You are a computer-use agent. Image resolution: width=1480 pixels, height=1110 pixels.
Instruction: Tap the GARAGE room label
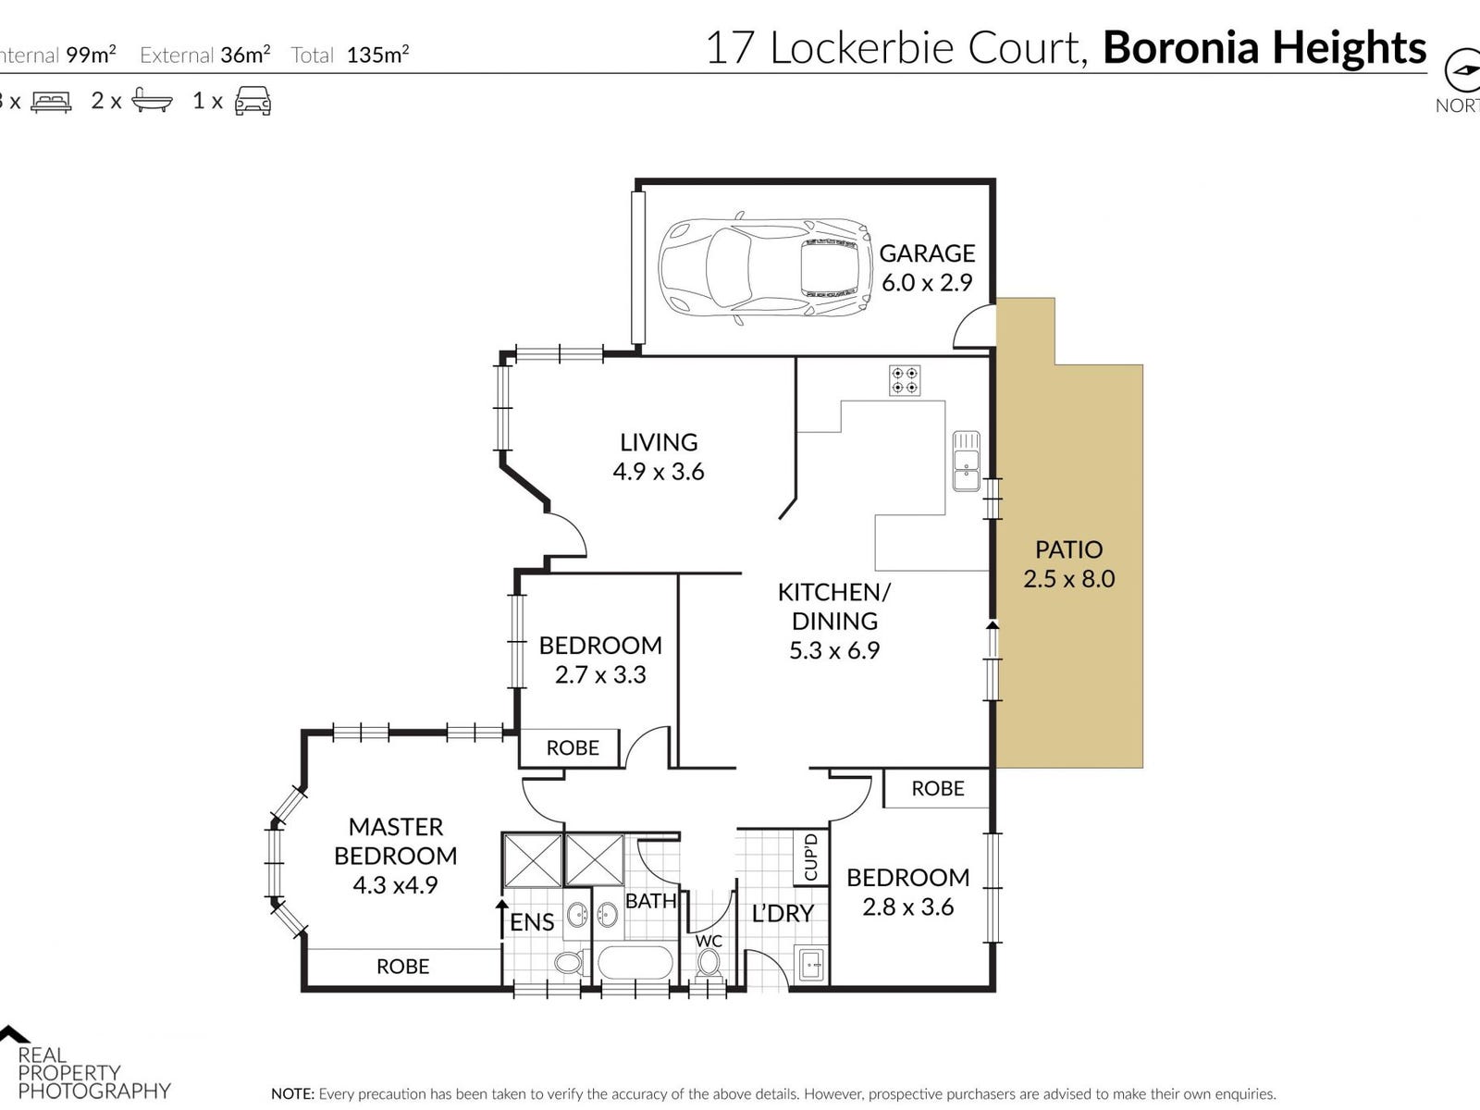point(927,253)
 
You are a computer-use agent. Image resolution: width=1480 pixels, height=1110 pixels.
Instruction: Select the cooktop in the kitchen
point(905,380)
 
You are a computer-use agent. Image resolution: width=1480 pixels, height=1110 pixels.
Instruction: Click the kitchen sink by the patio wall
point(966,461)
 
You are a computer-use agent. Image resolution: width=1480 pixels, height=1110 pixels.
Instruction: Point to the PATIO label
point(1068,549)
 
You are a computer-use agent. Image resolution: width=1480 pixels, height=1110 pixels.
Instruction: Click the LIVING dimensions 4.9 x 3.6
point(659,472)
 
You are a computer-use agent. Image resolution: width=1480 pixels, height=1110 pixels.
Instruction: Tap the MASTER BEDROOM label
point(396,841)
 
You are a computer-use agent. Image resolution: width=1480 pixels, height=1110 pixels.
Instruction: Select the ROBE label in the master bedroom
point(402,967)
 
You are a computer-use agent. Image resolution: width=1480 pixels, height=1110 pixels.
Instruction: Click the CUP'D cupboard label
point(811,857)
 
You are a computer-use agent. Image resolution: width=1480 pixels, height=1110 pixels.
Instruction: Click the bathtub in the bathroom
point(635,963)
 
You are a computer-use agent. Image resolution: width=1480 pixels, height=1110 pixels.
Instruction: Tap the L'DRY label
point(783,914)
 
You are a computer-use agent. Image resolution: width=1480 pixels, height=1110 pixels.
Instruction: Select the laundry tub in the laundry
point(810,965)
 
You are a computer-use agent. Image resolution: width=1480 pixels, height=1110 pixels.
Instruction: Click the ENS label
point(532,922)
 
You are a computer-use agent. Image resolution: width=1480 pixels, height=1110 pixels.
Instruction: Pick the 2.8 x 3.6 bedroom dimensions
point(907,907)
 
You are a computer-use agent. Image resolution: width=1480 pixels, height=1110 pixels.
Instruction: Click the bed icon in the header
point(51,102)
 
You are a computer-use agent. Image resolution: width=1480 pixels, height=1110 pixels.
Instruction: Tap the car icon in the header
point(253,101)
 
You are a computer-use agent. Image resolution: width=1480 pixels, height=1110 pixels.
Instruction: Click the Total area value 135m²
point(377,55)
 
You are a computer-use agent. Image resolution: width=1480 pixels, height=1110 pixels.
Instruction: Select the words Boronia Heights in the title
point(1264,48)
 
